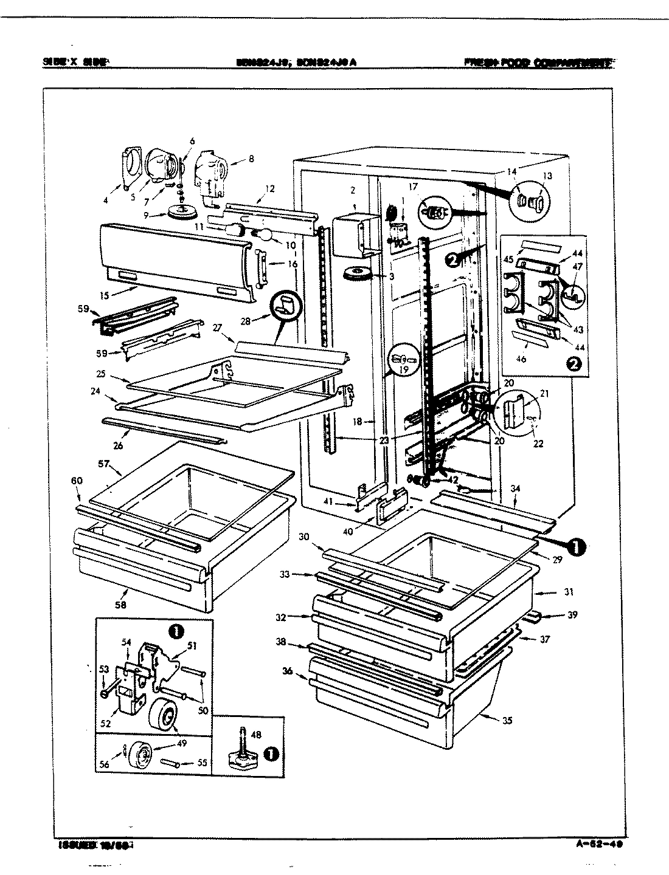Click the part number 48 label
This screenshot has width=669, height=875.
[256, 735]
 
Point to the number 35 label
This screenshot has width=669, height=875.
[507, 721]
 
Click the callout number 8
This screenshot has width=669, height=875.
[251, 159]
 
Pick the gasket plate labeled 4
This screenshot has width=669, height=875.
[130, 165]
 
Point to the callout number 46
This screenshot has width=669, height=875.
[521, 359]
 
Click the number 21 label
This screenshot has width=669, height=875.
[544, 394]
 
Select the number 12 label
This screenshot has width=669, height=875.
[270, 189]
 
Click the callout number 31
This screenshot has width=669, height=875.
[568, 592]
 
